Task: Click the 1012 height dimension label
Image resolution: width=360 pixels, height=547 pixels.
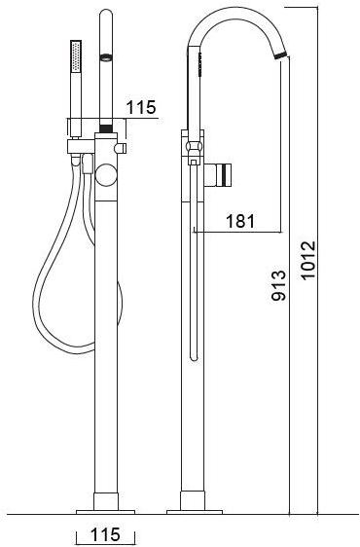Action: [x=308, y=260]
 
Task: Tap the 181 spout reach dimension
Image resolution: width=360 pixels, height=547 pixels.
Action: [x=240, y=221]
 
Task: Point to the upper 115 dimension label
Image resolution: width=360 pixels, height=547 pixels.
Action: [x=141, y=107]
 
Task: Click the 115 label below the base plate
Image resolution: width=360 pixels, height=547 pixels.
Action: [x=105, y=534]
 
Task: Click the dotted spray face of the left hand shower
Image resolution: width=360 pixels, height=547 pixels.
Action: [x=76, y=56]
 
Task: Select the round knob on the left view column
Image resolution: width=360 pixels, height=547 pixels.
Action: [x=106, y=174]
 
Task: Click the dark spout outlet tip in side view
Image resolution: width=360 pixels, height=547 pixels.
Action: [x=280, y=55]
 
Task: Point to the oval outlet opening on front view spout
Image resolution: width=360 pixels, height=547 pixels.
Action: [x=106, y=57]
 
